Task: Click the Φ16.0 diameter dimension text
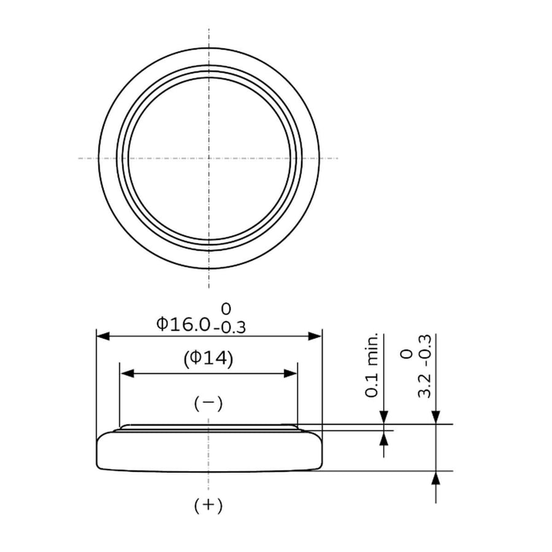click(x=183, y=324)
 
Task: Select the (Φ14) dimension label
click(x=209, y=359)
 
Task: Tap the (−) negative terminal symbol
click(x=209, y=404)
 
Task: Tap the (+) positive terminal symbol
click(x=209, y=505)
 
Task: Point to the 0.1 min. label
click(x=372, y=365)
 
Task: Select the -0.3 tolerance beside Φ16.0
click(x=229, y=328)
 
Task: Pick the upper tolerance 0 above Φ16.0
click(x=226, y=309)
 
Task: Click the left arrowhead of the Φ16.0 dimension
click(x=103, y=336)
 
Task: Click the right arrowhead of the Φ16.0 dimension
click(x=315, y=336)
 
